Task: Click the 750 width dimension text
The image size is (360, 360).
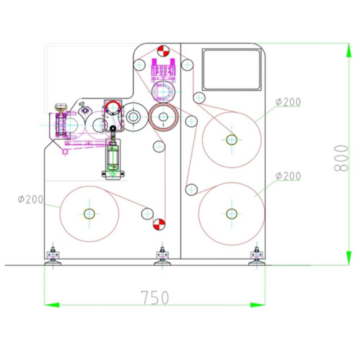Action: (155, 298)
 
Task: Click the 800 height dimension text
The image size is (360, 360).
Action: (341, 158)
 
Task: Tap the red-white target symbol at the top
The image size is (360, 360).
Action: (163, 51)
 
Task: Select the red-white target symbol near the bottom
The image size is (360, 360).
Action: (159, 224)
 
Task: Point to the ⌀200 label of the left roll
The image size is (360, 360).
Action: (31, 199)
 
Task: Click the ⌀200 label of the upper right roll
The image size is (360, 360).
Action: (288, 102)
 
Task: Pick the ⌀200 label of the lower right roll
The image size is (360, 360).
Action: (288, 176)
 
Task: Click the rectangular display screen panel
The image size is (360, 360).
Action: (231, 69)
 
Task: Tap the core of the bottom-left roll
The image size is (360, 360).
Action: (89, 214)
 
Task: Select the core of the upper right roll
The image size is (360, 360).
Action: (231, 140)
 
